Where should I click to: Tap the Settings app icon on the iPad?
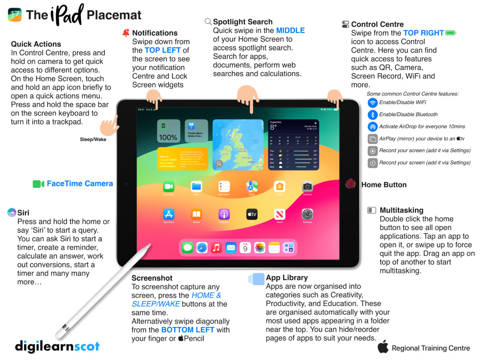click(307, 214)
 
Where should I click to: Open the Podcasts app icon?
click(224, 214)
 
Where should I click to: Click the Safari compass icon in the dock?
click(202, 248)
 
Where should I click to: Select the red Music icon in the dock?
click(216, 248)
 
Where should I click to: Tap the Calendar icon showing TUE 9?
click(245, 248)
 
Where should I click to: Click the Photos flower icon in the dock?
click(260, 248)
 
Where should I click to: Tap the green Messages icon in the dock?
click(187, 248)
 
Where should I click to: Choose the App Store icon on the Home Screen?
click(168, 214)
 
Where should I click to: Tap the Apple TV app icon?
click(252, 214)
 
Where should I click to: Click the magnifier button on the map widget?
click(219, 164)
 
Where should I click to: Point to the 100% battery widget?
click(168, 131)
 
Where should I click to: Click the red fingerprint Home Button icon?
click(350, 184)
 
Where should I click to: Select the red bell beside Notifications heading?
click(126, 33)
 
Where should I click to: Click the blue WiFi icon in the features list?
click(373, 102)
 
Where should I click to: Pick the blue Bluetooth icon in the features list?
click(373, 115)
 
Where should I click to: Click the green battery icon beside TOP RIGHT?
click(451, 33)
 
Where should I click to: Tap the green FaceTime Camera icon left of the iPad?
click(38, 184)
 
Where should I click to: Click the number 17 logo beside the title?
click(15, 14)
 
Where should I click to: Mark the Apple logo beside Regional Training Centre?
click(383, 347)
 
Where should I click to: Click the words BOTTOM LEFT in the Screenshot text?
click(188, 330)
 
